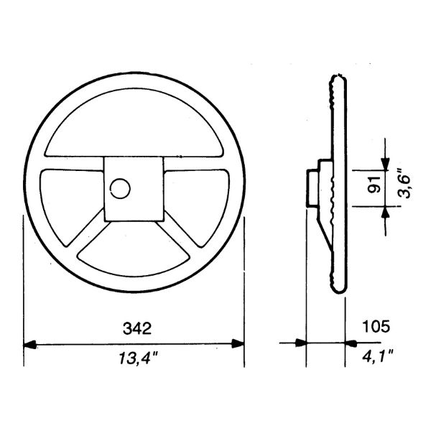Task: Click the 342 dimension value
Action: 137,328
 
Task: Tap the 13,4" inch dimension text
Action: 138,358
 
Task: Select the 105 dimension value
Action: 376,327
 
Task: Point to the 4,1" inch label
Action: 377,356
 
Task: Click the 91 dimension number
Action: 374,185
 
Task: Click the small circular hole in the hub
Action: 120,188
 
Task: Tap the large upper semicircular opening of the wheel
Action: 133,123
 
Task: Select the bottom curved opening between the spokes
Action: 134,259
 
